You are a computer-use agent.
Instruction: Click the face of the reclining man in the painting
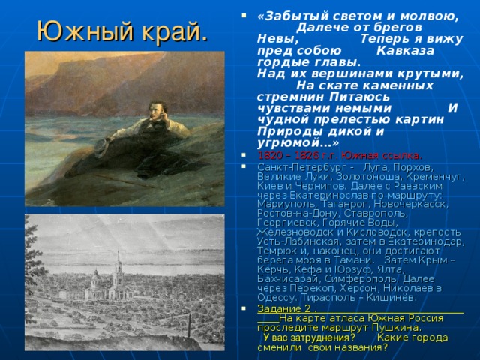click(x=157, y=109)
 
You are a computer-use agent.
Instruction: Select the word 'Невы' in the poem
click(x=273, y=37)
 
